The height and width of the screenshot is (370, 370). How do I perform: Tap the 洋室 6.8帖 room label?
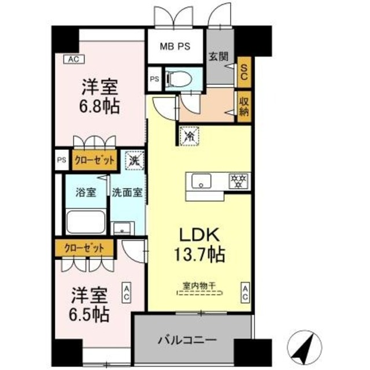100,97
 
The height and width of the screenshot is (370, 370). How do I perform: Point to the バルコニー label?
193,339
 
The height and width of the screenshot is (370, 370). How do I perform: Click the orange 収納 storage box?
243,106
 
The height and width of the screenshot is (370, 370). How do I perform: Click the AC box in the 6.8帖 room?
72,59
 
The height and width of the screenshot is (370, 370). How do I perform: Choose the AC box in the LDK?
246,292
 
